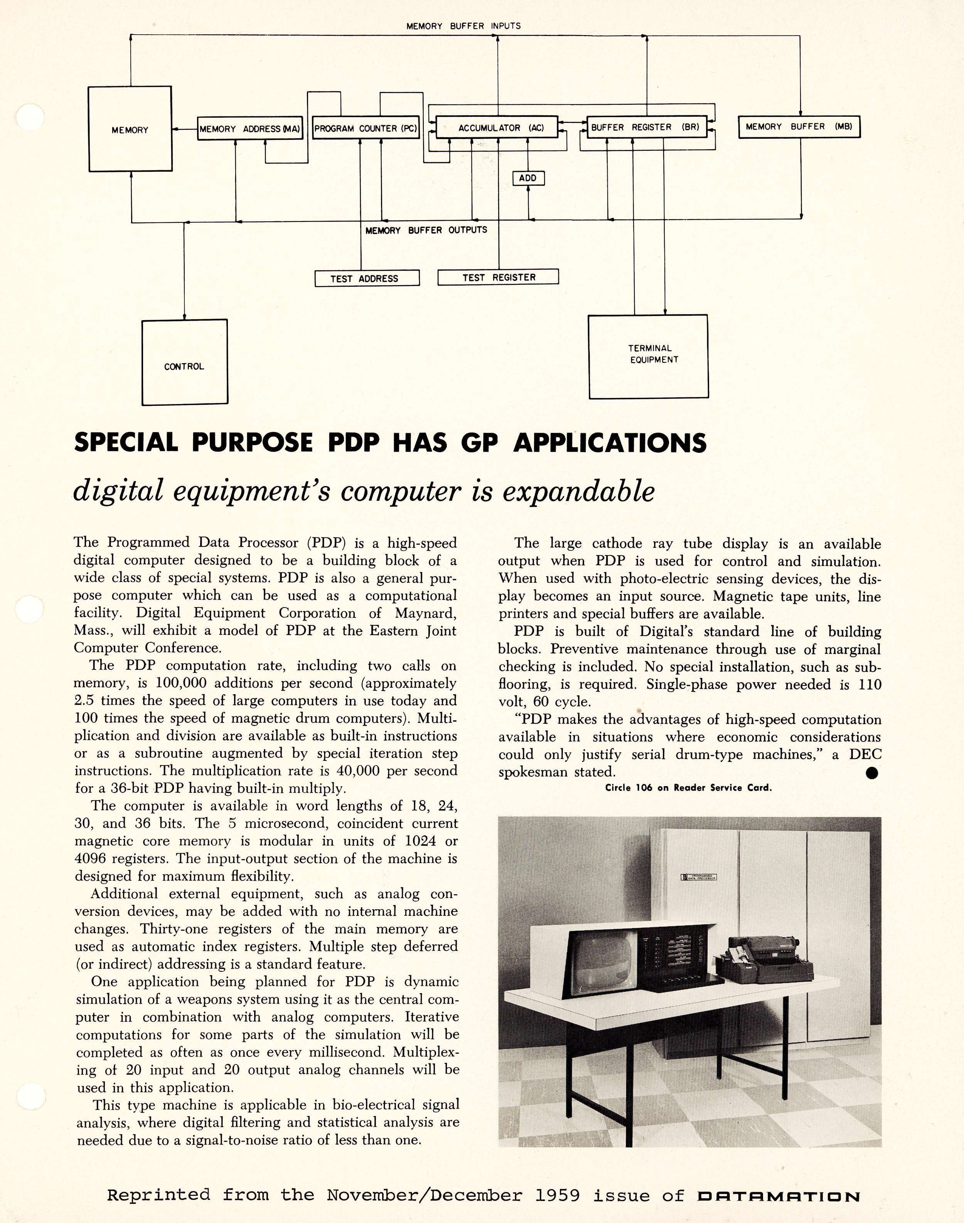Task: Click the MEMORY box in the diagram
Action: pos(130,129)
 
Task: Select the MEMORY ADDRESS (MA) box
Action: pos(250,129)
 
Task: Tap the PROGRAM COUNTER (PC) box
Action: pos(365,128)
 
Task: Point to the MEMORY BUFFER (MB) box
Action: pos(799,126)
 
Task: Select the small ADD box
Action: pos(528,178)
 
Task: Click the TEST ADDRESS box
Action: pos(366,278)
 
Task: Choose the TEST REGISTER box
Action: pos(498,277)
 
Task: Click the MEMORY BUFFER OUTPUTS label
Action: pos(426,230)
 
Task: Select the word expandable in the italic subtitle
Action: pos(578,491)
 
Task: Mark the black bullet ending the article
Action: pos(872,773)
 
